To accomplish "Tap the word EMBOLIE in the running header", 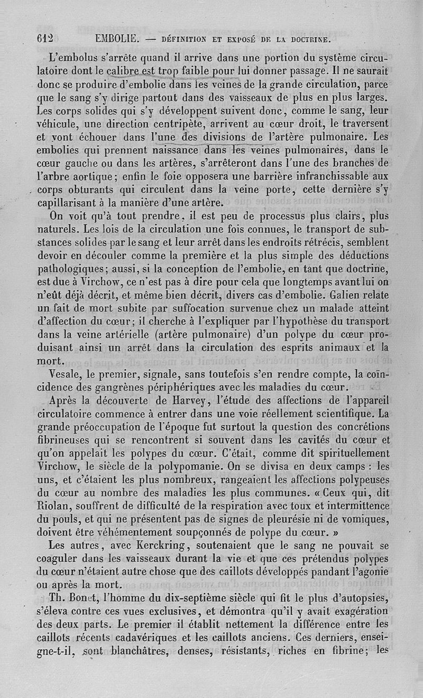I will point(117,38).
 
